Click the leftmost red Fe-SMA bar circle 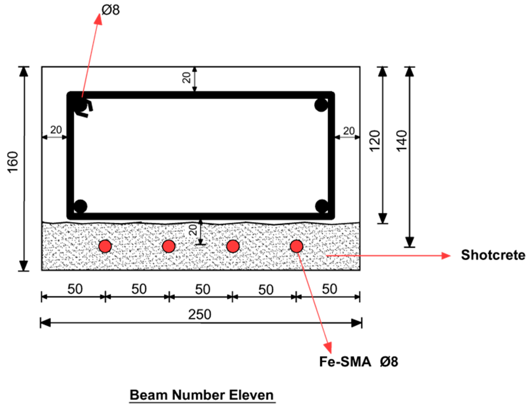point(105,246)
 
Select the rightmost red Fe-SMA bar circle point(296,246)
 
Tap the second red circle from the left point(169,246)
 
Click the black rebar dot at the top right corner point(321,105)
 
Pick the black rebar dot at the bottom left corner point(80,206)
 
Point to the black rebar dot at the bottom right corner point(322,206)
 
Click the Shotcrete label point(493,255)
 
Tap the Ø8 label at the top point(111,10)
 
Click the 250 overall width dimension point(200,315)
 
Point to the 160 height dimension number point(13,162)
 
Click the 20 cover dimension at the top point(187,78)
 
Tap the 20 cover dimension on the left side point(56,130)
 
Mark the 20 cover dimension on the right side point(349,131)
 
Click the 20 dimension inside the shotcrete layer point(193,230)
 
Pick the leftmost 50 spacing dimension point(75,289)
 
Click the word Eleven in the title point(251,395)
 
